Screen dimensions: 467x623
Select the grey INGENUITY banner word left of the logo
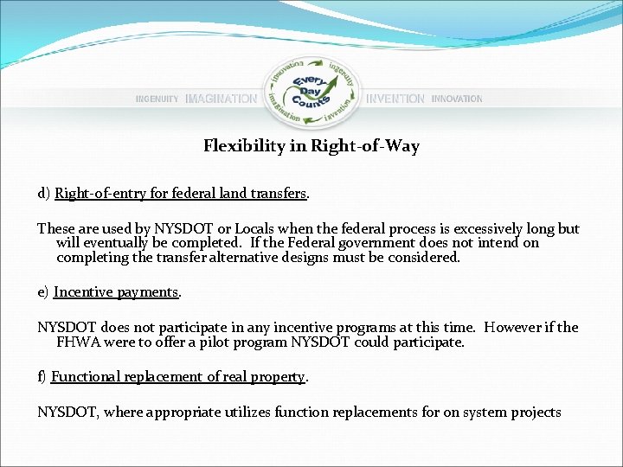coord(157,99)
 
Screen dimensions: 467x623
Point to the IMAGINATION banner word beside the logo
coord(221,99)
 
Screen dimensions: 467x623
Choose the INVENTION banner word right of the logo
coord(395,99)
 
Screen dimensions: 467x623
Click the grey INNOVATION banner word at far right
coord(457,99)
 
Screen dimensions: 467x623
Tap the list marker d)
coord(43,194)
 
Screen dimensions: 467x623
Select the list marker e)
coord(43,292)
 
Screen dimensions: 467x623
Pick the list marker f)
coord(42,377)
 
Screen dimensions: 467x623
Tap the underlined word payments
coord(146,292)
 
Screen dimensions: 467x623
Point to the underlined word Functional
coord(87,377)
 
